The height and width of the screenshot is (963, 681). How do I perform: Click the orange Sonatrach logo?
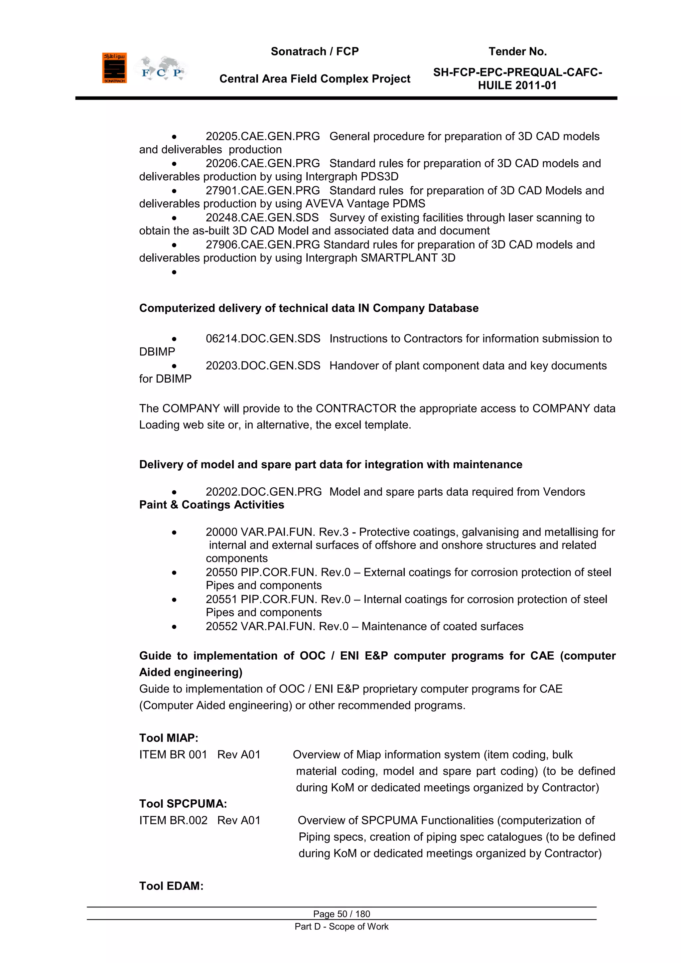(114, 68)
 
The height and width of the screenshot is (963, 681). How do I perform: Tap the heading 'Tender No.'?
(517, 52)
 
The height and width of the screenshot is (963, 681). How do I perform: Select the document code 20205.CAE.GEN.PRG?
(262, 136)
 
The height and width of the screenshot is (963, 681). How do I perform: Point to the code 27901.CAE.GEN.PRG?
(262, 190)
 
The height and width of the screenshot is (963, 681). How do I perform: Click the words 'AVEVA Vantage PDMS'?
(365, 204)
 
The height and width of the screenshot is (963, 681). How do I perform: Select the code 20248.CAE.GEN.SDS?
(262, 218)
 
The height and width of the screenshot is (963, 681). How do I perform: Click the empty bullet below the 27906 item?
(174, 272)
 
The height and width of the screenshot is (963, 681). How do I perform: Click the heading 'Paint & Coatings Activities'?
(211, 505)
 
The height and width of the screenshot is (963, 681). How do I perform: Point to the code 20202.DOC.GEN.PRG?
(263, 492)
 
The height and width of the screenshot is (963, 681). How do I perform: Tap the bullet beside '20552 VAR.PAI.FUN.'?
(174, 627)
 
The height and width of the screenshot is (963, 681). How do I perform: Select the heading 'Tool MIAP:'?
(169, 738)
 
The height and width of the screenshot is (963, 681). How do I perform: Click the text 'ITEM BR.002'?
(173, 820)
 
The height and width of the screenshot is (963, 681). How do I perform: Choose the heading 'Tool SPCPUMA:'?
(183, 804)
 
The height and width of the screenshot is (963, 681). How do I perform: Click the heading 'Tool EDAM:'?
(171, 886)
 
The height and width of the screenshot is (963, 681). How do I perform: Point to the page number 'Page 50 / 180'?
(341, 914)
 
